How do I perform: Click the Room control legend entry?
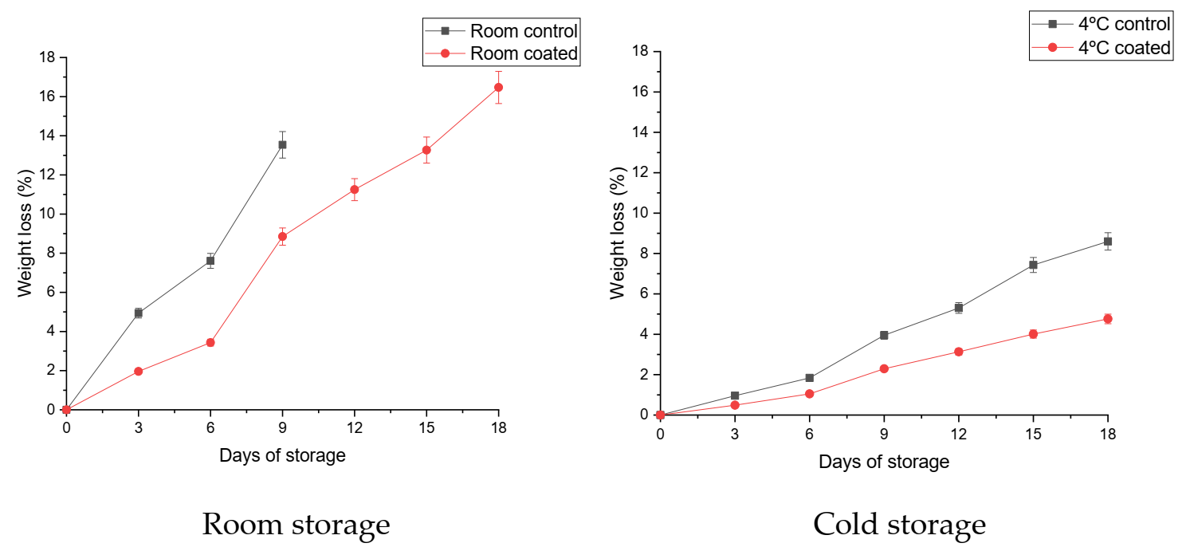pos(501,31)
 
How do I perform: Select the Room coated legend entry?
pos(501,53)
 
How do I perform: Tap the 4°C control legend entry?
pos(1101,24)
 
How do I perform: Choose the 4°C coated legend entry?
pos(1101,48)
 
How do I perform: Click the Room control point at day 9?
pos(282,144)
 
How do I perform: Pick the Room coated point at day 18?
pos(498,87)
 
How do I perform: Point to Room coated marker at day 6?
pos(210,342)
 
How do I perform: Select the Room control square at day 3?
pos(138,313)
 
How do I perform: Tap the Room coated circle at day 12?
pos(354,189)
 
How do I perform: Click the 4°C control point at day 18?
pos(1107,241)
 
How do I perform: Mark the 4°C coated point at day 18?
pos(1107,318)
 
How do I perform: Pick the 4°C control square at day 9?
pos(884,335)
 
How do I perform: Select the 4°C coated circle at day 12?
pos(958,351)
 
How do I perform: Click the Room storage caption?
pos(296,525)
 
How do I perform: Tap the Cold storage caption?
pos(899,525)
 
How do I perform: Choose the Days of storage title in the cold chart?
pos(883,462)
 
